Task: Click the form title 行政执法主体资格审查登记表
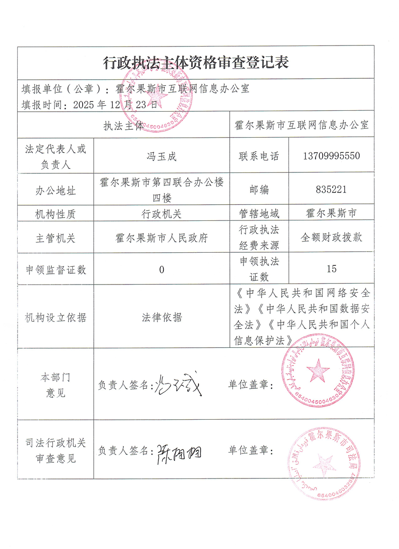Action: [x=196, y=62]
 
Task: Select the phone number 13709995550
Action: [x=332, y=156]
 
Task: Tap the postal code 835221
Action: [x=332, y=190]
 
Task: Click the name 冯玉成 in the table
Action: [x=161, y=157]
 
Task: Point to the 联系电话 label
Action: [x=259, y=156]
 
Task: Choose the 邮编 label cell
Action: [x=259, y=190]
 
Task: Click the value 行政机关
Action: [x=161, y=214]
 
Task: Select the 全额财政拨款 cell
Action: [x=332, y=238]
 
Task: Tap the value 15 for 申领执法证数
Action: [x=332, y=269]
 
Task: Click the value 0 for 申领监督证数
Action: [x=161, y=269]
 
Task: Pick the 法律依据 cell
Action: [x=161, y=317]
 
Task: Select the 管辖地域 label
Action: [x=259, y=214]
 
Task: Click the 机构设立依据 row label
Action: [x=55, y=317]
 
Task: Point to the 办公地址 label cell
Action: [x=55, y=190]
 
